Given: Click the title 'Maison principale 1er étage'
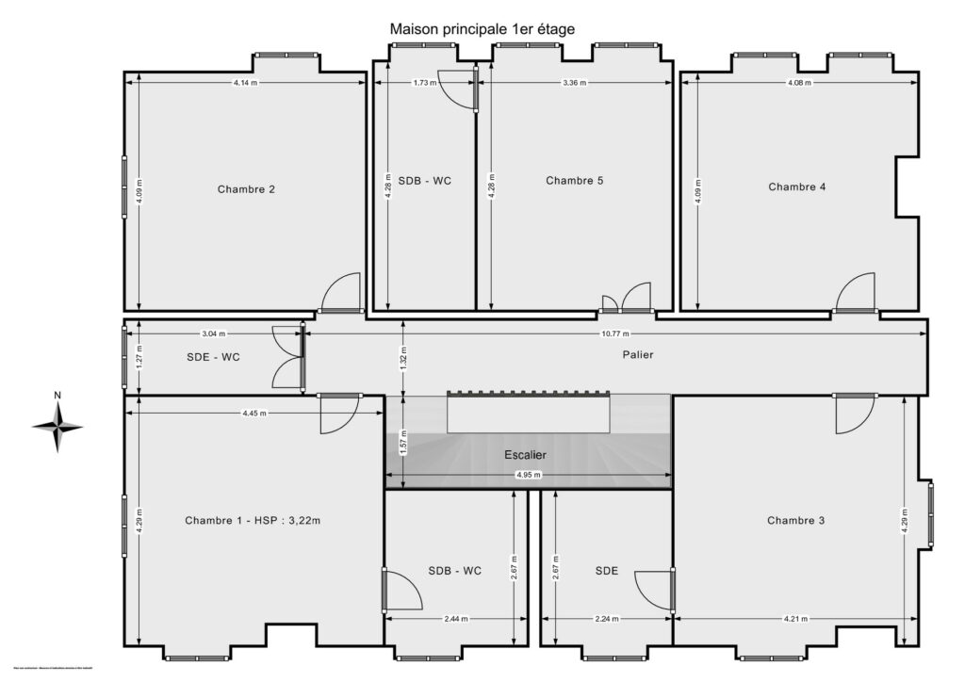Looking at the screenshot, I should coord(482,29).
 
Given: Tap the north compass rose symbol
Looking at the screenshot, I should coord(57,426).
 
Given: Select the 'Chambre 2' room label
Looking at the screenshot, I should coord(246,189).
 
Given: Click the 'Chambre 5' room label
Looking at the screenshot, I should coord(574,181).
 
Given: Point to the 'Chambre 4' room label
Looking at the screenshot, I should coord(796,187).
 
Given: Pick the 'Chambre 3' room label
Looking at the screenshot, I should coord(795,520).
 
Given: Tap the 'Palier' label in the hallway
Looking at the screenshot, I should coord(637,355).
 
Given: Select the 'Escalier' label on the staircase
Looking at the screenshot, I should coord(525,454).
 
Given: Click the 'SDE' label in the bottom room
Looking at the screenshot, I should coord(607,570).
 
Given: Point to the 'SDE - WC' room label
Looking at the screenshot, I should coord(213,357).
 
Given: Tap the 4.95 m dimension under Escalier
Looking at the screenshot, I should coord(528,475).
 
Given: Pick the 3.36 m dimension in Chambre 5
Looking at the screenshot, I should coord(574,83).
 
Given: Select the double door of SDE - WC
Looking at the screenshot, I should coord(286,357).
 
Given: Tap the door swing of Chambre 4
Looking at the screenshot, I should coord(858,292).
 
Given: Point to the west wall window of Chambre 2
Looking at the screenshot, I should coord(123,187).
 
